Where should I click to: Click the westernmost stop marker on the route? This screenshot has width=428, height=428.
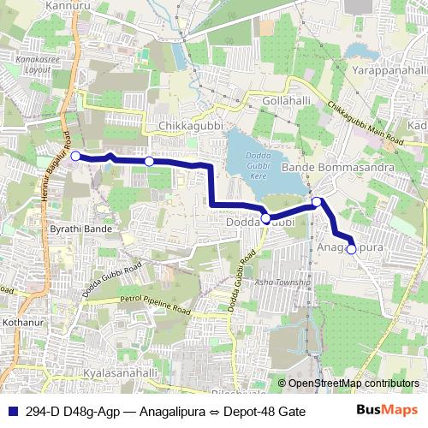pyautogui.click(x=75, y=156)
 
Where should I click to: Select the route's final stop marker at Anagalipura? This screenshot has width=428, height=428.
pyautogui.click(x=351, y=249)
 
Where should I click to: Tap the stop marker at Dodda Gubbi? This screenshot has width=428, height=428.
pyautogui.click(x=265, y=218)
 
